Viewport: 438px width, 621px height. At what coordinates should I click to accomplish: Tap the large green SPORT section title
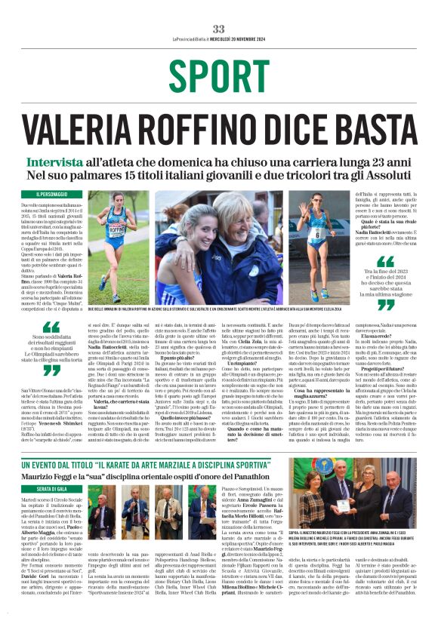[218, 75]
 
